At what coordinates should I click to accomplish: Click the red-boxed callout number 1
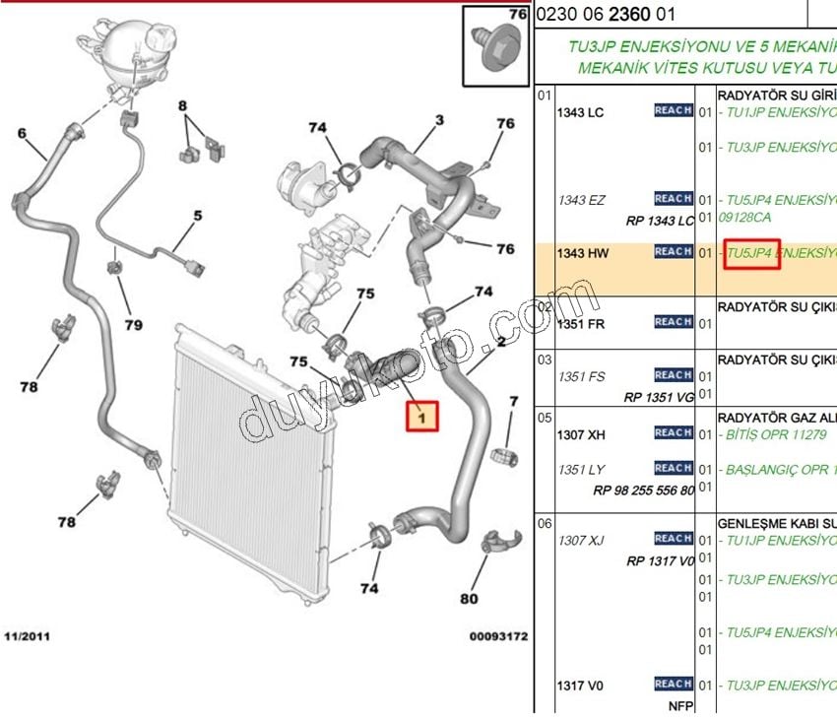(x=421, y=418)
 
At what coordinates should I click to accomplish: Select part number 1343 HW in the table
(x=583, y=253)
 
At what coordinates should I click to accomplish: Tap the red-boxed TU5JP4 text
(x=751, y=253)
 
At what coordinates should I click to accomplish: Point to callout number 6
(x=22, y=134)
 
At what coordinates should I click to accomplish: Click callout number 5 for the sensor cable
(x=197, y=215)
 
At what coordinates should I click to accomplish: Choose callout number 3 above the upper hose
(x=439, y=120)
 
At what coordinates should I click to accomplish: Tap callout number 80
(x=469, y=598)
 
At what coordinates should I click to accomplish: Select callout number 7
(x=513, y=401)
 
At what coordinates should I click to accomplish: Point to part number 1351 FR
(x=582, y=323)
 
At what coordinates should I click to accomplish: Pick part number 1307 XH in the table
(x=582, y=434)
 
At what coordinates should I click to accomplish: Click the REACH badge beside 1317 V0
(x=674, y=684)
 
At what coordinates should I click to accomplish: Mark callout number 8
(x=183, y=105)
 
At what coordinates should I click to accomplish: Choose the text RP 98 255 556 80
(x=643, y=490)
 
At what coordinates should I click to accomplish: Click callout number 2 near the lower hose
(x=500, y=343)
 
